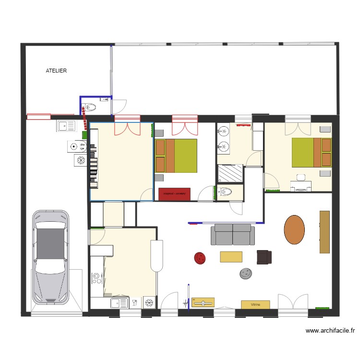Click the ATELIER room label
pos(56,71)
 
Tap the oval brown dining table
pos(294,229)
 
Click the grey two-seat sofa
pos(233,234)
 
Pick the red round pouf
pos(200,258)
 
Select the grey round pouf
pos(246,274)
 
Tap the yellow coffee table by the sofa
pos(231,257)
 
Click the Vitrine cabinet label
pos(255,304)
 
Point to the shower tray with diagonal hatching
pos(230,173)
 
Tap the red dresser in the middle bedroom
pos(174,194)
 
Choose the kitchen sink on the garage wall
pos(67,126)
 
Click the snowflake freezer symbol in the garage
pos(80,160)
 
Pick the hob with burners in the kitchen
pos(96,278)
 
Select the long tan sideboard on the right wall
pos(324,231)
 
